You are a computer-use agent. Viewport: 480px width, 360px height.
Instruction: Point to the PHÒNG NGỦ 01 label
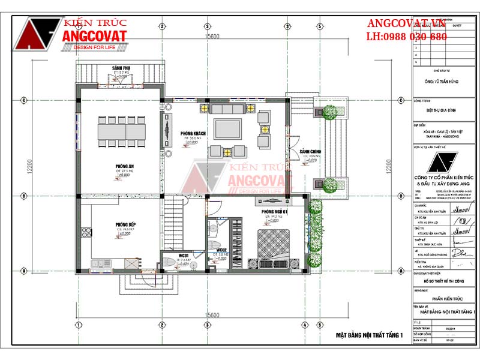274,211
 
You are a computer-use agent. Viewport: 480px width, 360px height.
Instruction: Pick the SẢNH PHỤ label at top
122,68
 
